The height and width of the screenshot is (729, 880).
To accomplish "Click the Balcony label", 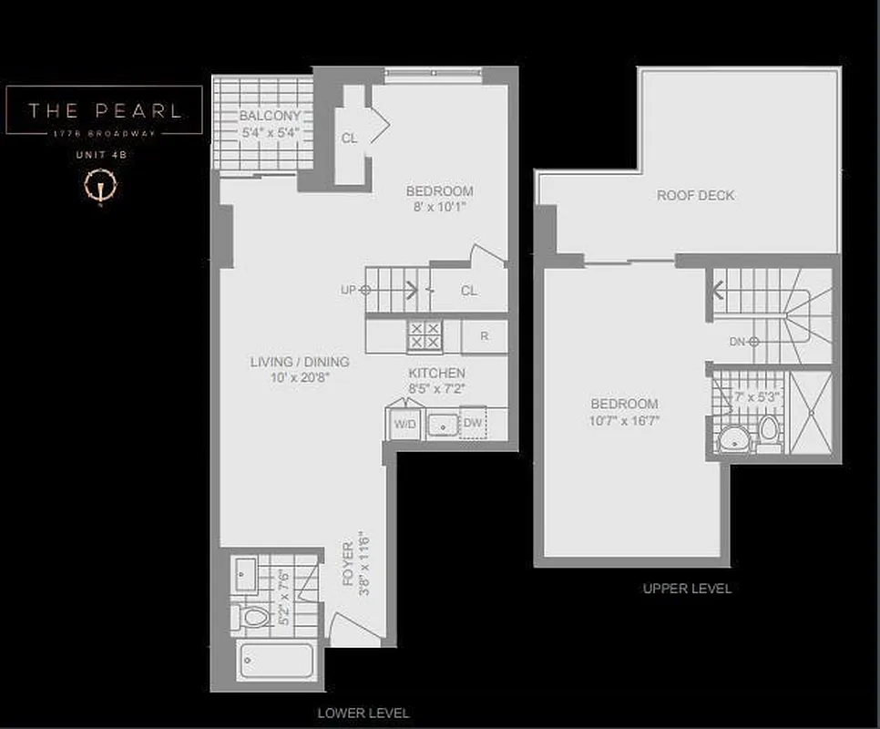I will coord(269,117).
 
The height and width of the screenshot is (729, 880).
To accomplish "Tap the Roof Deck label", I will coord(696,195).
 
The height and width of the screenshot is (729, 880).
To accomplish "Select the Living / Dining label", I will coord(300,362).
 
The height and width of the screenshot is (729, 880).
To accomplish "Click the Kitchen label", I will coord(436,373).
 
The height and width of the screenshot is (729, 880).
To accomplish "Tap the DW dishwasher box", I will coord(473,423).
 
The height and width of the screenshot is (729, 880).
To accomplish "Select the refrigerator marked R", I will coord(485,336).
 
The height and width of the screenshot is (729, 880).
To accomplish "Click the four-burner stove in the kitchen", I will coord(424,336).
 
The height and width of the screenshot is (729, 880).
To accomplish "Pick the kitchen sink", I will coord(443,425).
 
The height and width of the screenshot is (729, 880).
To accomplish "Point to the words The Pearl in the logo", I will coord(104,111).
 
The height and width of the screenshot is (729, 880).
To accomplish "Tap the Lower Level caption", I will coord(363,713).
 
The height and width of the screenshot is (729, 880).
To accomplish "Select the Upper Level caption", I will coord(687,589).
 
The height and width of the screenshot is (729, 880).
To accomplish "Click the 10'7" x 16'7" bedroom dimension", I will coord(625,420).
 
